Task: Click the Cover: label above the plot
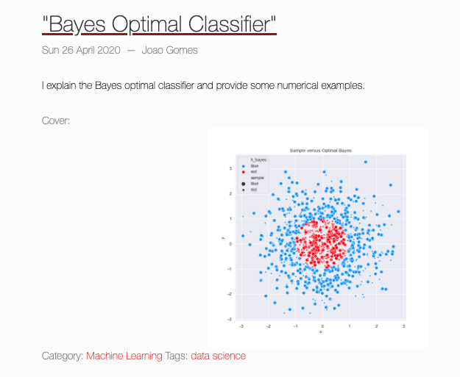pyautogui.click(x=56, y=121)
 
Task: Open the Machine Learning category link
pyautogui.click(x=124, y=356)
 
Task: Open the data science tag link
pyautogui.click(x=218, y=356)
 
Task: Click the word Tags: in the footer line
pyautogui.click(x=176, y=356)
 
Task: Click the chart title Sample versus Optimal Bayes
pyautogui.click(x=321, y=150)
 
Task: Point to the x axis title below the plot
pyautogui.click(x=321, y=332)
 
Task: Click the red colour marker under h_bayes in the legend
pyautogui.click(x=243, y=172)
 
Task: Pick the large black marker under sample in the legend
pyautogui.click(x=243, y=184)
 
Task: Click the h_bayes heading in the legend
pyautogui.click(x=258, y=159)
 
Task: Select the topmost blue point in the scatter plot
pyautogui.click(x=365, y=162)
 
